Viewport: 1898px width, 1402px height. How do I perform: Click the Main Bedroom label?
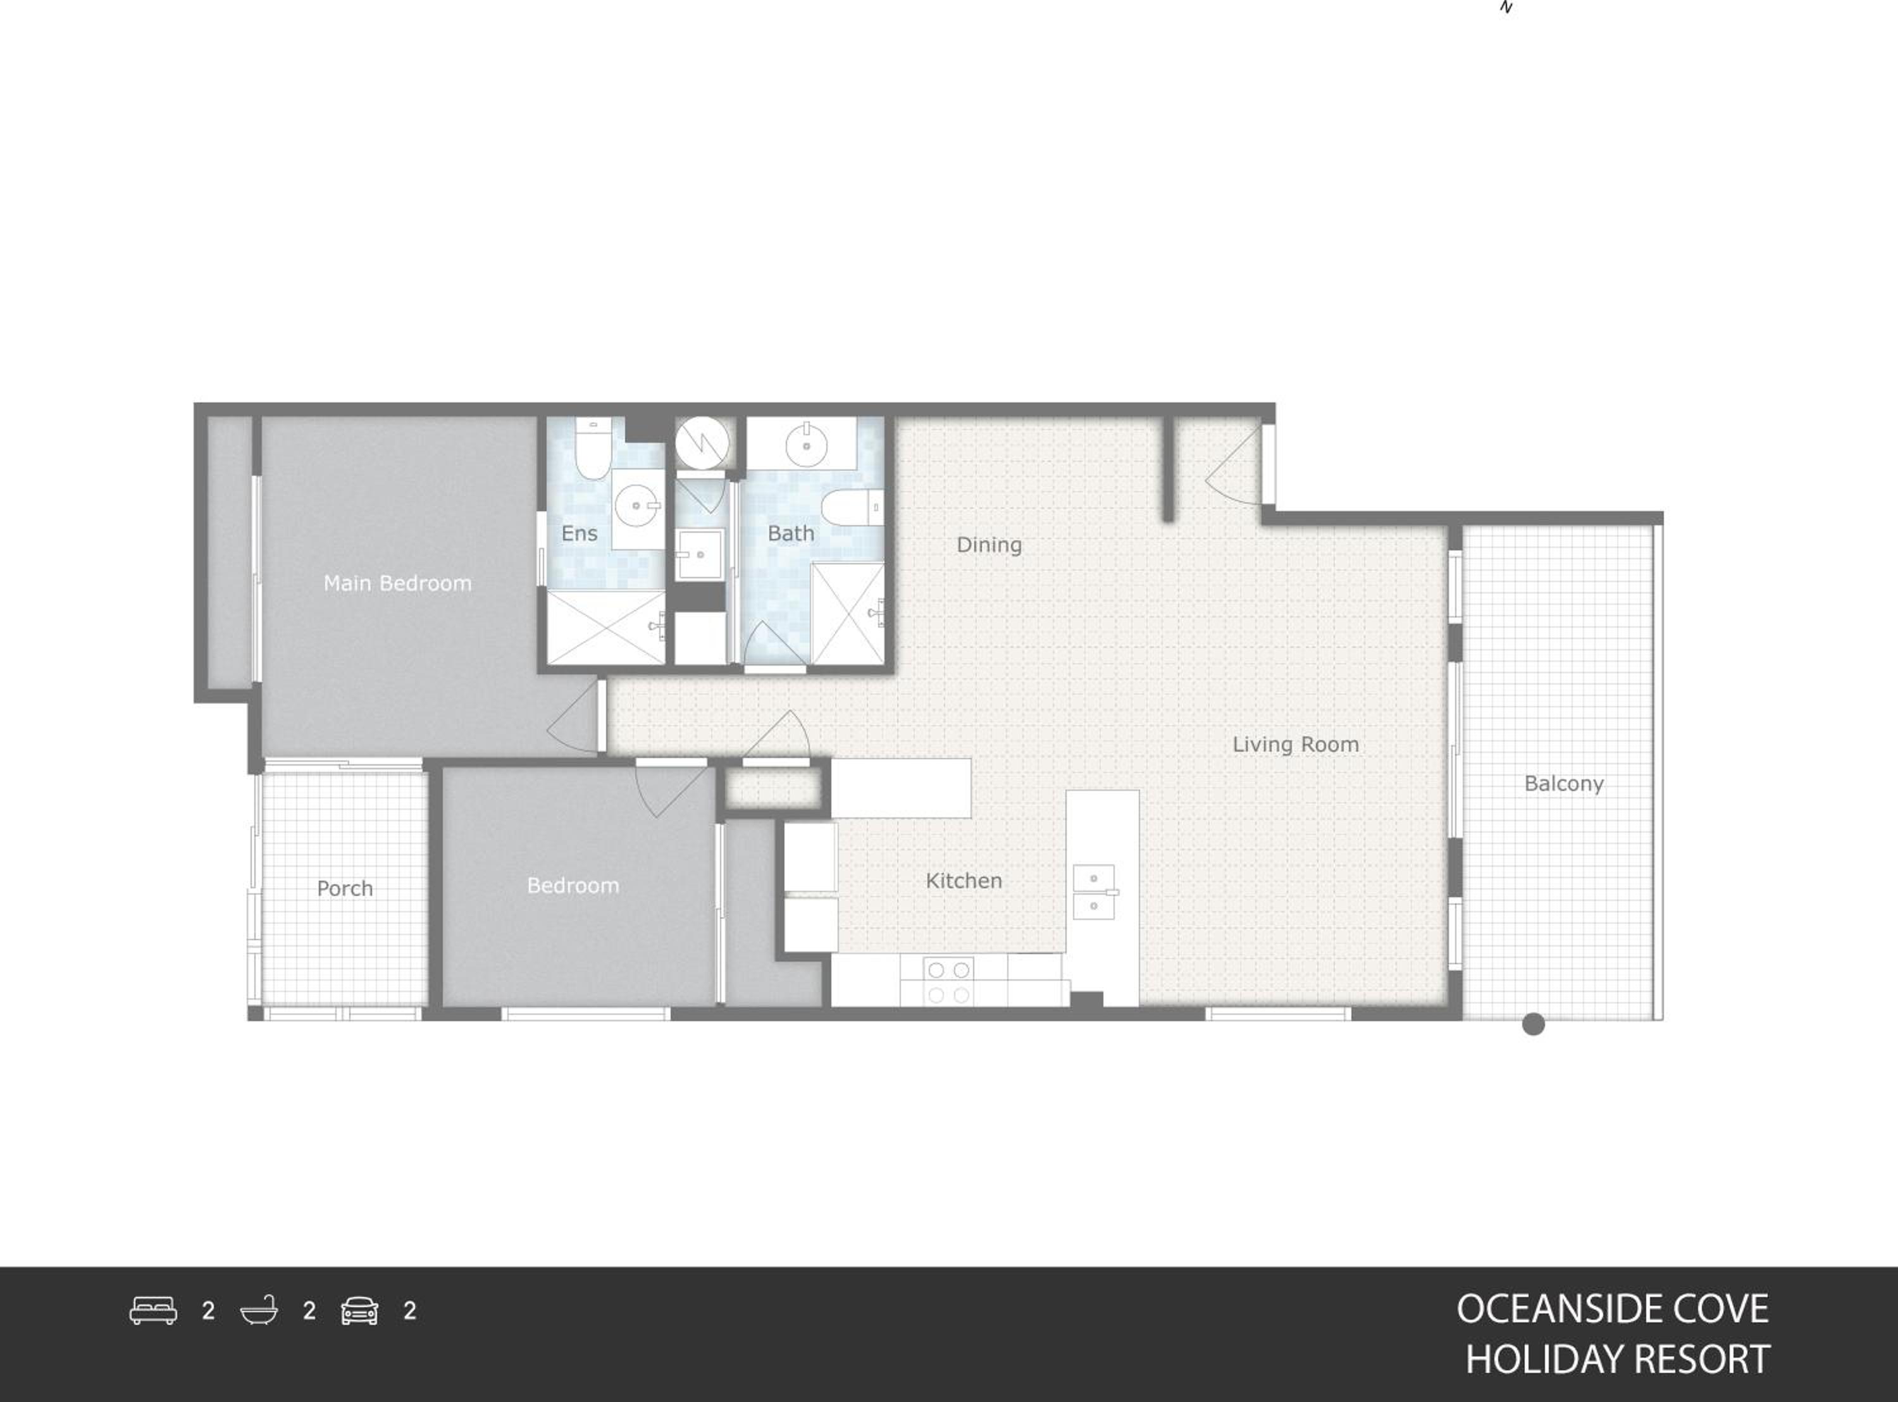397,583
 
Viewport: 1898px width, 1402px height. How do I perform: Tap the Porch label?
344,888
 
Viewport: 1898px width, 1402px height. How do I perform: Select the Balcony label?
1564,784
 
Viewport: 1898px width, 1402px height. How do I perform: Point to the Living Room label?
1296,744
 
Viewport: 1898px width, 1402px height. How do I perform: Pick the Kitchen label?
964,881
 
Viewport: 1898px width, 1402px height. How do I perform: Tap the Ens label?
579,533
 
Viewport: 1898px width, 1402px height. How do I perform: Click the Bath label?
791,533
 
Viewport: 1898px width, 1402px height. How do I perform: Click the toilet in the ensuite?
593,447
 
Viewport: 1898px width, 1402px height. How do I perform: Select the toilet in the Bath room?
852,507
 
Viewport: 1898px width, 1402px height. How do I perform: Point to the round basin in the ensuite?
636,506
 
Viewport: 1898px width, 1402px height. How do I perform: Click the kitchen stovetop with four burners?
948,982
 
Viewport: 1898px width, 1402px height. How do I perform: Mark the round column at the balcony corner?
1533,1024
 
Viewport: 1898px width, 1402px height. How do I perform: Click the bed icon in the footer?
154,1310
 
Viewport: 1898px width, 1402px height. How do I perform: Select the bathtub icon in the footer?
259,1310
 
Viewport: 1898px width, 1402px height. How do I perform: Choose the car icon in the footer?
360,1310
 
